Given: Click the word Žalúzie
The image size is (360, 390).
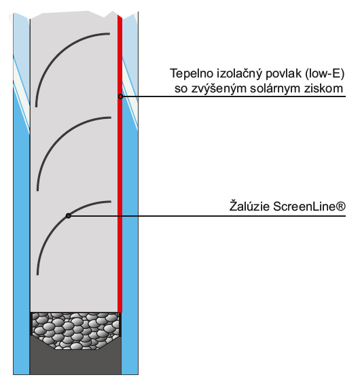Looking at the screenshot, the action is click(249, 207).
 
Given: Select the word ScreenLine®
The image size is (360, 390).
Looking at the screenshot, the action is click(309, 207).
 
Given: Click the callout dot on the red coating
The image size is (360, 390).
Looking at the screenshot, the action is click(120, 96).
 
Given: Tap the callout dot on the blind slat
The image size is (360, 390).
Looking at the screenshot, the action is click(68, 216).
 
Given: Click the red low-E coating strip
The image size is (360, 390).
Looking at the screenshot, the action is click(120, 164).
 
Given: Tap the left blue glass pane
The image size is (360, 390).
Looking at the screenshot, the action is click(21, 224).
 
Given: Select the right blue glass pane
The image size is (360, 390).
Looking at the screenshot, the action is click(130, 224).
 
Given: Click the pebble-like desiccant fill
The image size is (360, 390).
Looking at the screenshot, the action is click(75, 329).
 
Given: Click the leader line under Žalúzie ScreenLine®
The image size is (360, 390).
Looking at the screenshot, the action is click(207, 216).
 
